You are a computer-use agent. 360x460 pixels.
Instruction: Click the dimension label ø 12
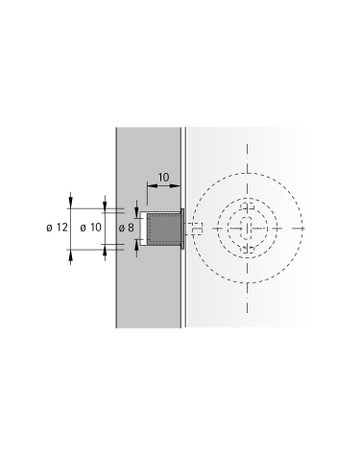[x=56, y=228]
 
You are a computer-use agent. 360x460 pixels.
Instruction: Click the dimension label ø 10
[x=90, y=228]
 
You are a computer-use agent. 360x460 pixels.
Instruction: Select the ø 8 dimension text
[x=125, y=228]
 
